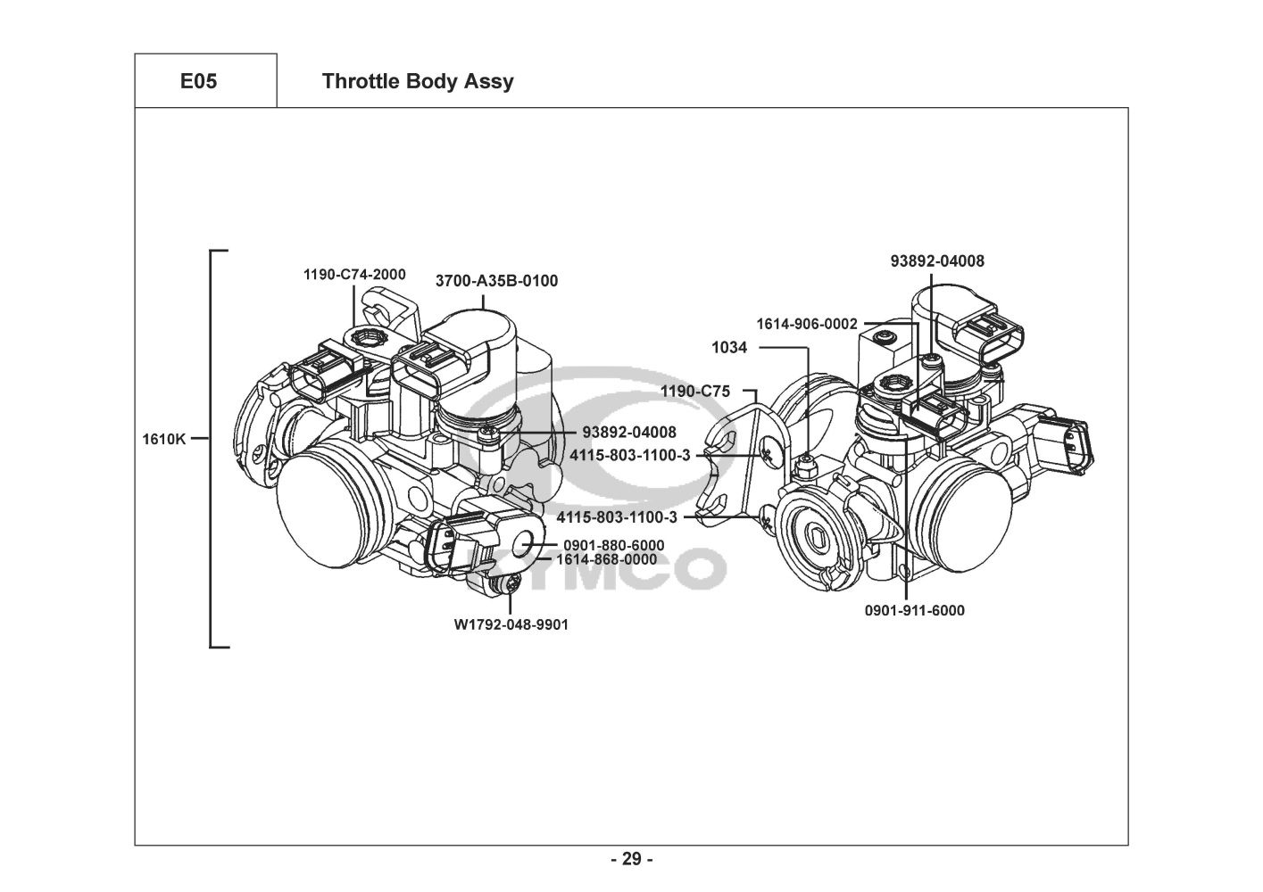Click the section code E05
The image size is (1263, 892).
coord(198,81)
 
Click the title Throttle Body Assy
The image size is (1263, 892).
coord(418,82)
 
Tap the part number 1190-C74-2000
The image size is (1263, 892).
coord(354,275)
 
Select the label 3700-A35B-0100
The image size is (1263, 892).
coord(497,281)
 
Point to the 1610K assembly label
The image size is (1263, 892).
coord(163,439)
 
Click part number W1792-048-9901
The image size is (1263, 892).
coord(511,624)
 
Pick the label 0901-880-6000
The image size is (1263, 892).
coord(614,545)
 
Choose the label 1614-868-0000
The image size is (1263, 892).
coord(607,559)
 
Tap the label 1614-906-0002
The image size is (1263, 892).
coord(807,324)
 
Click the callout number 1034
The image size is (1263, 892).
coord(729,348)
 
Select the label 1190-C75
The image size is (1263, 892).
coord(695,391)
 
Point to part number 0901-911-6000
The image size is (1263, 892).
coord(915,610)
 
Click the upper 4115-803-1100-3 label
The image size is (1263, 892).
coord(630,455)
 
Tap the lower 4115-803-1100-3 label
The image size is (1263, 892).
coord(617,517)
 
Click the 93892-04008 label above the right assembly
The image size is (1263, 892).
coord(937,260)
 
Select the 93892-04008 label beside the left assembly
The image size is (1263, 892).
coord(629,433)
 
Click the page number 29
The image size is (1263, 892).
coord(632,859)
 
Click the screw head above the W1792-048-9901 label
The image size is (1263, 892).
coord(511,585)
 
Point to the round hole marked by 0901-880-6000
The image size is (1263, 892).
coord(523,544)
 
